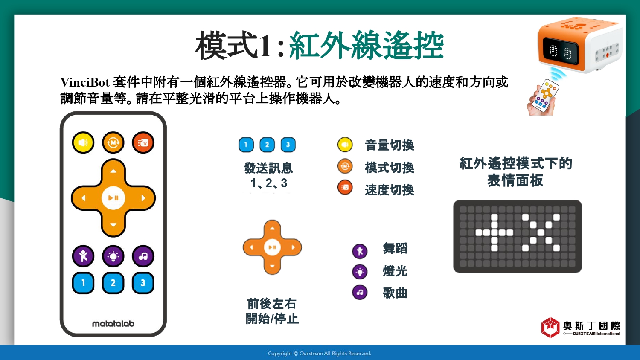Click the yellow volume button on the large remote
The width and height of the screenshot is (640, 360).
click(x=83, y=142)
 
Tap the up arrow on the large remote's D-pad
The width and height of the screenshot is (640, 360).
click(x=113, y=171)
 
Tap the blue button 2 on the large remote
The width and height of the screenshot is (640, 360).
click(x=113, y=283)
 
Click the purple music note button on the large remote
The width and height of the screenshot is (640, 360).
click(x=143, y=256)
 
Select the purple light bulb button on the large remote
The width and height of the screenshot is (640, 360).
click(x=113, y=256)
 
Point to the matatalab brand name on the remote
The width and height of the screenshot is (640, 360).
click(x=113, y=324)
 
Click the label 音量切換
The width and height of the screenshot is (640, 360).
click(x=390, y=145)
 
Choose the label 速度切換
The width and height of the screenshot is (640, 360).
click(x=390, y=190)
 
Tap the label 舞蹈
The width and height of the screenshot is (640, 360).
click(x=395, y=248)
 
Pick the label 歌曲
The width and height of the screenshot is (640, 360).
click(x=395, y=293)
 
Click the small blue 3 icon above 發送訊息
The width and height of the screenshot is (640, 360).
click(x=288, y=145)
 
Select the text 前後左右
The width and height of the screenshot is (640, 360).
click(x=272, y=304)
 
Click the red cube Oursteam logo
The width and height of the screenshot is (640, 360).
click(x=550, y=328)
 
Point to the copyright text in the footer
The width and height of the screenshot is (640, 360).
click(x=320, y=354)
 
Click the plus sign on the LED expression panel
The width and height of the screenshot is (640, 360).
click(x=494, y=232)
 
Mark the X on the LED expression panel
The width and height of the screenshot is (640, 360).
click(x=541, y=232)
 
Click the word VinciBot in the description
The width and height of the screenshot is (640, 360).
click(x=85, y=82)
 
